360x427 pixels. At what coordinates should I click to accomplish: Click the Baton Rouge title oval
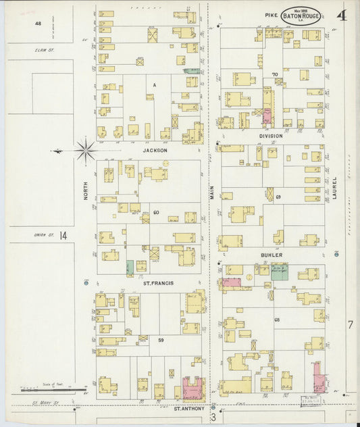(x=301, y=16)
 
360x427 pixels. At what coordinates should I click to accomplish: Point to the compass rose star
(x=85, y=151)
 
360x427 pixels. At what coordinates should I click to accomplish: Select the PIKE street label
(x=271, y=16)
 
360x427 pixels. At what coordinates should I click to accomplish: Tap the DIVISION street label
(x=270, y=136)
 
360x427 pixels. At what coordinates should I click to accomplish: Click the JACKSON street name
(x=155, y=151)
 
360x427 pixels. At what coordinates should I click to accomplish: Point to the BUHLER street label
(x=271, y=255)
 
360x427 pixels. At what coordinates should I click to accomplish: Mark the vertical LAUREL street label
(x=334, y=189)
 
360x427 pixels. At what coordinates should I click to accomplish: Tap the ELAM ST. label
(x=45, y=50)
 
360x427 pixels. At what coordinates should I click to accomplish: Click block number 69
(x=278, y=197)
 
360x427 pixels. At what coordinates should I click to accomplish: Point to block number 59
(x=160, y=339)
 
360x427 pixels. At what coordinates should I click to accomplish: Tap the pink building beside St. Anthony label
(x=192, y=389)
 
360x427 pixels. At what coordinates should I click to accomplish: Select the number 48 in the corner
(x=38, y=24)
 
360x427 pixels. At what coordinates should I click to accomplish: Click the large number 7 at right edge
(x=350, y=325)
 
